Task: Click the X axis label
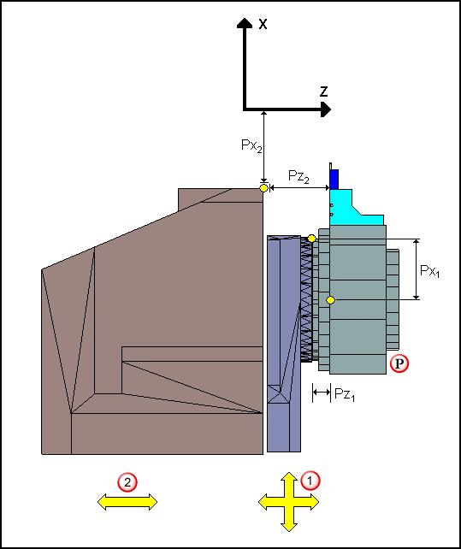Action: click(263, 24)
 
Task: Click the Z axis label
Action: click(323, 91)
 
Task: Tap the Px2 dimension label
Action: click(251, 145)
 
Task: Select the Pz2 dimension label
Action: click(298, 176)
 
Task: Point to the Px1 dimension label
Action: click(429, 271)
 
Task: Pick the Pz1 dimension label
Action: click(345, 394)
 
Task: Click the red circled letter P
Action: click(399, 363)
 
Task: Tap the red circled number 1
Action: click(310, 481)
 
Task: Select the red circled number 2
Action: click(127, 483)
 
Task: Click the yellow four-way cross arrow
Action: click(288, 502)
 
